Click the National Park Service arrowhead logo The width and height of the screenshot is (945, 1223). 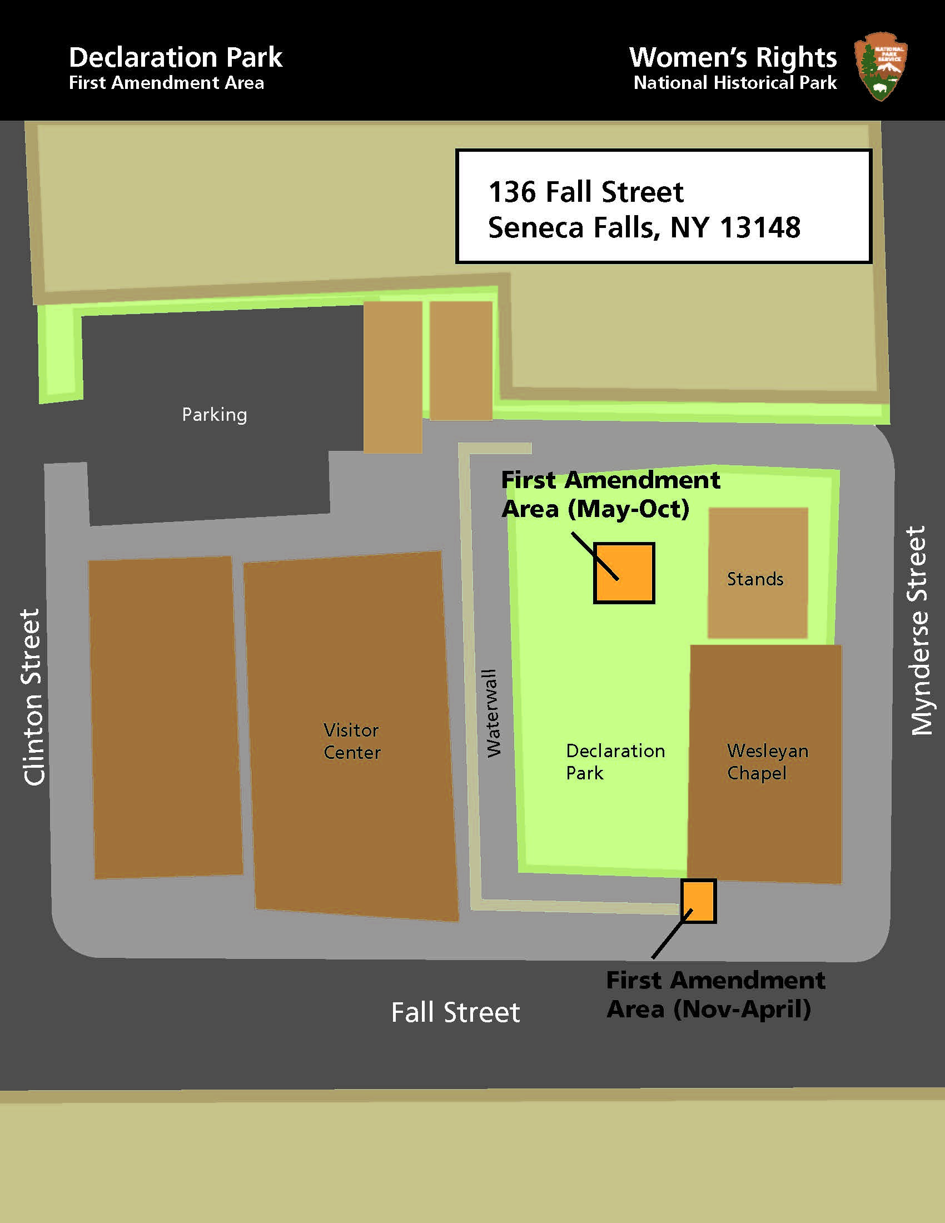(881, 66)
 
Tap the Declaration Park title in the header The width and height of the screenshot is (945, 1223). (175, 57)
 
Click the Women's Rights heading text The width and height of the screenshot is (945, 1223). (732, 57)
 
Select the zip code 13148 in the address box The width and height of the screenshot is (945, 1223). (760, 227)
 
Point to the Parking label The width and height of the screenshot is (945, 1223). (215, 414)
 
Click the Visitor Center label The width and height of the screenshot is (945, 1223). (351, 741)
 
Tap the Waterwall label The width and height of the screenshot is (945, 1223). (493, 713)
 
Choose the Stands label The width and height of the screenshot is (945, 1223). (755, 579)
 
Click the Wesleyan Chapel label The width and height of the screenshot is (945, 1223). (768, 762)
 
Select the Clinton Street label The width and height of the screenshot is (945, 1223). (32, 697)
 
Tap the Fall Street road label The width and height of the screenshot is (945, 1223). (455, 1012)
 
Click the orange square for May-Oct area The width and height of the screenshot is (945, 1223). (624, 573)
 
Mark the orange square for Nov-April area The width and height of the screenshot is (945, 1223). (698, 901)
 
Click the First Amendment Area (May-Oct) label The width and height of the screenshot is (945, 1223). (610, 494)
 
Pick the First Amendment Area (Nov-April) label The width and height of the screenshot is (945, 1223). (715, 995)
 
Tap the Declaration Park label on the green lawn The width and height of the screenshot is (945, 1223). (615, 762)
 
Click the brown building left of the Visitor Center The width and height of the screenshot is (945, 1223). (166, 717)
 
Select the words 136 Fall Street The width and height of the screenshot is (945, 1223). (585, 192)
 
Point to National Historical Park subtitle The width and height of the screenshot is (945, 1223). (734, 83)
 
